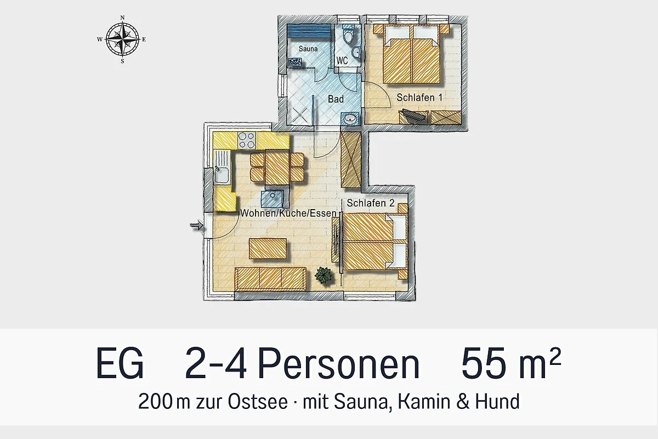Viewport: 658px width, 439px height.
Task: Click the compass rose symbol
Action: pyautogui.click(x=122, y=40)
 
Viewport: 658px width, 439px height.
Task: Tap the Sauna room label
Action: pyautogui.click(x=308, y=49)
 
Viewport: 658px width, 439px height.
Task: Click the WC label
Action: pyautogui.click(x=342, y=60)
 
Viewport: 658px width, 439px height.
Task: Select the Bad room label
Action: pyautogui.click(x=336, y=99)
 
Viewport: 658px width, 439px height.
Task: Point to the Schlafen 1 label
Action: pyautogui.click(x=419, y=98)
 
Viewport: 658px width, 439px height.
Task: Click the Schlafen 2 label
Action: pyautogui.click(x=371, y=203)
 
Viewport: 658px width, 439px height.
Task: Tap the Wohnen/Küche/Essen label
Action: pyautogui.click(x=288, y=213)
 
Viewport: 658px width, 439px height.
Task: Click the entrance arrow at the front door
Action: pyautogui.click(x=196, y=226)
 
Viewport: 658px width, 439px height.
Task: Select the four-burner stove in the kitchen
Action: pyautogui.click(x=246, y=140)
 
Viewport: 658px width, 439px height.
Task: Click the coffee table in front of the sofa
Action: pyautogui.click(x=268, y=249)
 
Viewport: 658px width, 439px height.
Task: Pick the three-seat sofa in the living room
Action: pyautogui.click(x=270, y=279)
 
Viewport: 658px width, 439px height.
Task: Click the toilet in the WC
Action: pyautogui.click(x=348, y=35)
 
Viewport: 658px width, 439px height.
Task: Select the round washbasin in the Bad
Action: pyautogui.click(x=350, y=119)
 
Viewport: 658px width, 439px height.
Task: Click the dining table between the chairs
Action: pyautogui.click(x=277, y=167)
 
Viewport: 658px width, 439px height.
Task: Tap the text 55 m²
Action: pyautogui.click(x=511, y=363)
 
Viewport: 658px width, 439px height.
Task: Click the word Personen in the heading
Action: pyautogui.click(x=339, y=363)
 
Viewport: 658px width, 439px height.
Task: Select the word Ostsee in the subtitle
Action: pyautogui.click(x=258, y=402)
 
